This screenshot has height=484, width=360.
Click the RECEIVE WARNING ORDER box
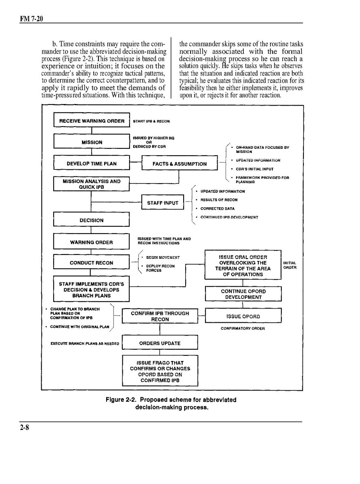coord(92,121)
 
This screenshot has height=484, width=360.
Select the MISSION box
coord(92,142)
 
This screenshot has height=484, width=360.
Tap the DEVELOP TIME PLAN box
coord(92,164)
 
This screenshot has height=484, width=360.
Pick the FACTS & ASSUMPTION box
coord(180,164)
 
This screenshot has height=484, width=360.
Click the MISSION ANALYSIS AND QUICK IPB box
coord(92,184)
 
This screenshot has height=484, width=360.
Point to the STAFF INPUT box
coord(163,203)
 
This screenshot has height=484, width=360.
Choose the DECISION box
coord(92,220)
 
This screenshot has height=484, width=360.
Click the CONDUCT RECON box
coord(92,263)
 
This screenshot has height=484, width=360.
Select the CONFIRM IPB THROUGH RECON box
coord(160,316)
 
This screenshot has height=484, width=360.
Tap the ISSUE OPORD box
coord(243,316)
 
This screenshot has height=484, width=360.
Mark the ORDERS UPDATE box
coord(160,343)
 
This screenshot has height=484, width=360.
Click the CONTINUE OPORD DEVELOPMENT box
coord(243,294)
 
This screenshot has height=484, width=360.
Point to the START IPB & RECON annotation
coord(151,121)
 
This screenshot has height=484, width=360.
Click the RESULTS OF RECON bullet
coord(219,200)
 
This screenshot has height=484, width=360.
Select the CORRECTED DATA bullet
coord(217,209)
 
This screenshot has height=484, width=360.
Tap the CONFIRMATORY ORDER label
coord(243,329)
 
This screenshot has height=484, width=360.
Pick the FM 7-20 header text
coord(31,19)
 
